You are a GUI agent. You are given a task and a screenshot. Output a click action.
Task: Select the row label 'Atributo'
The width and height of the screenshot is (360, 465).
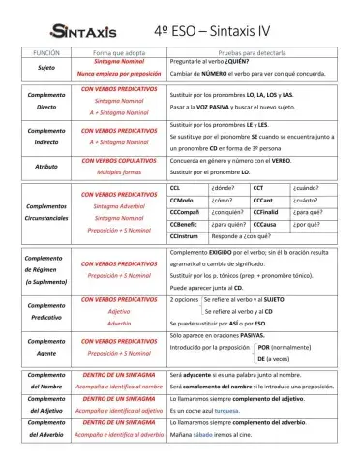pyautogui.click(x=46, y=166)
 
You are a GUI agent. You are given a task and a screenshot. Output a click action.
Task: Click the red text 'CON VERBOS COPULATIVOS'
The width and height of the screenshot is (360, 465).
pyautogui.click(x=119, y=160)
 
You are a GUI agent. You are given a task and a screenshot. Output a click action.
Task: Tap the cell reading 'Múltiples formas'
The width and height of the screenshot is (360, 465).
pyautogui.click(x=119, y=172)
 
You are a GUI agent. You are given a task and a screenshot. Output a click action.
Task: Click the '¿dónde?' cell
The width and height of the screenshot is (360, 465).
pyautogui.click(x=224, y=187)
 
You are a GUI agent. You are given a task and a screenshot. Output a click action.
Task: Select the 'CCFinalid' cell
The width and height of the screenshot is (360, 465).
pyautogui.click(x=267, y=211)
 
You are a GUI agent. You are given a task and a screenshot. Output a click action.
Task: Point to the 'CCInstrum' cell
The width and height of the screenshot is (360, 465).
pyautogui.click(x=185, y=236)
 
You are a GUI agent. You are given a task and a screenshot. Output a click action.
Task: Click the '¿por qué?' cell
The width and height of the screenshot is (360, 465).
pyautogui.click(x=307, y=224)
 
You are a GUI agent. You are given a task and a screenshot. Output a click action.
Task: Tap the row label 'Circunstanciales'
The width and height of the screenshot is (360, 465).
pyautogui.click(x=46, y=219)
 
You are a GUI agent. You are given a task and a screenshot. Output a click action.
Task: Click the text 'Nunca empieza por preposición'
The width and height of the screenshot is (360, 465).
pyautogui.click(x=119, y=74)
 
